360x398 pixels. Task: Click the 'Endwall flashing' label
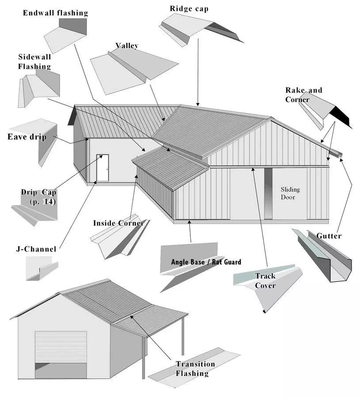coord(55,13)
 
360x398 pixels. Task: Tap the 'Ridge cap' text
coord(189,8)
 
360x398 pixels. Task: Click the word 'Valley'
coord(127,45)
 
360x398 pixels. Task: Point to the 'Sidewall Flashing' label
coord(34,62)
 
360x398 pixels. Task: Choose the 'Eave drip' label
coord(27,137)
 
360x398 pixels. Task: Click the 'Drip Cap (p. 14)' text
coord(38,197)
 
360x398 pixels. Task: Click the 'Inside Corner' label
coord(118,223)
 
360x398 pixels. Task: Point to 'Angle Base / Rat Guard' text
coord(206,262)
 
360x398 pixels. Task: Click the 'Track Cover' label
coord(265,280)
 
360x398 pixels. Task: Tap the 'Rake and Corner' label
coord(303,95)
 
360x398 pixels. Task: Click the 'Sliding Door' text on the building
coord(290,193)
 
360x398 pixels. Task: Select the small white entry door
coord(102,167)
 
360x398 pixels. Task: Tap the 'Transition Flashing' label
coord(195,368)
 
